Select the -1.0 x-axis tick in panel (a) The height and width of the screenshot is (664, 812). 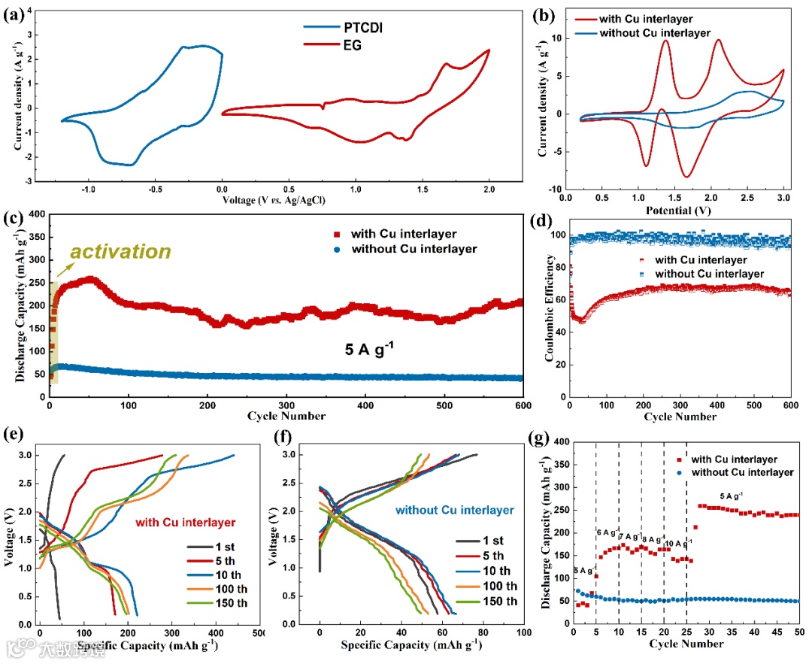(x=89, y=190)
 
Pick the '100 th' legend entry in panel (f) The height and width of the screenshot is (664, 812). (x=492, y=586)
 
